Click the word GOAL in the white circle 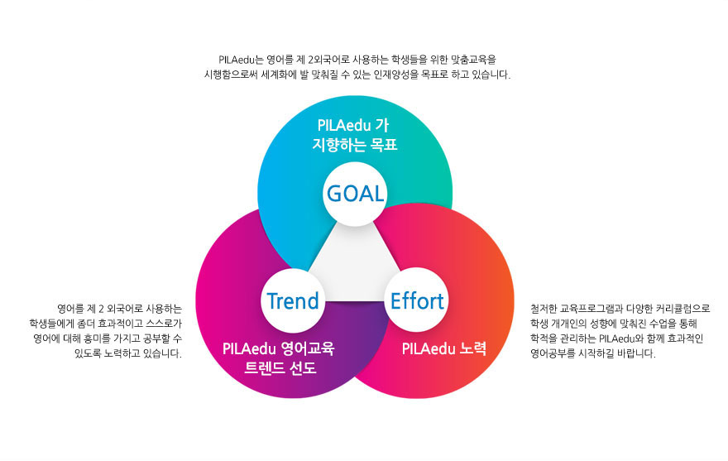point(355,194)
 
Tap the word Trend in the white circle point(293,300)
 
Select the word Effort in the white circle point(417,300)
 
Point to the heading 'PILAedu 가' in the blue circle point(353,125)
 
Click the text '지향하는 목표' point(355,145)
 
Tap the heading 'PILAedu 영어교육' point(278,348)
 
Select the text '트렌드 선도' point(280,368)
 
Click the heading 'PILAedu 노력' point(444,348)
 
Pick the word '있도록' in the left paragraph point(88,353)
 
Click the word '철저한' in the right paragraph point(544,309)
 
